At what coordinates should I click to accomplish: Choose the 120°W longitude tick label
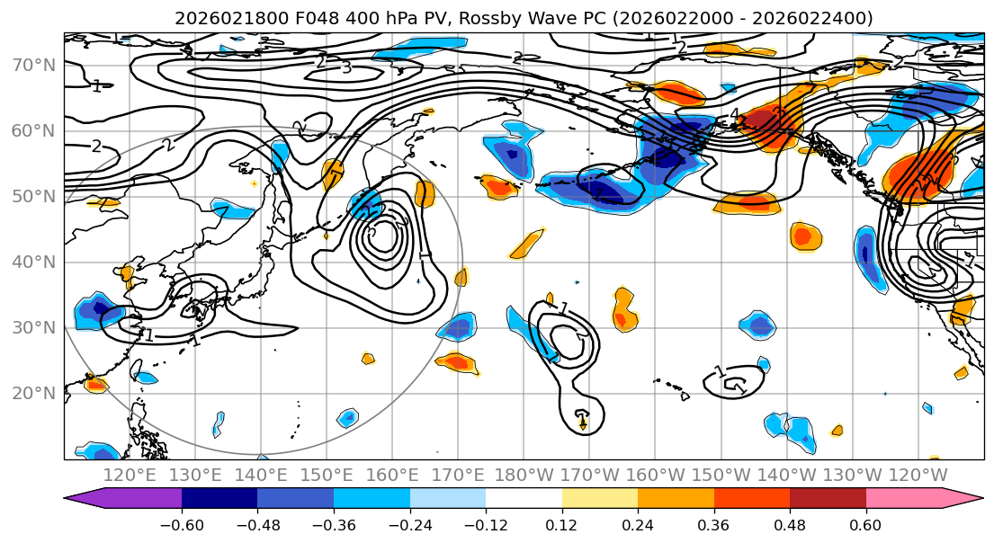tap(918, 475)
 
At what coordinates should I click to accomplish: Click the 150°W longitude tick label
tap(721, 475)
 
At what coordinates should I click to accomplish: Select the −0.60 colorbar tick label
tap(182, 523)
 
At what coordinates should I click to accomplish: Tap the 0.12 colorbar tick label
tap(562, 523)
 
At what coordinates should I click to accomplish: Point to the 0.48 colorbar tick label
tap(790, 523)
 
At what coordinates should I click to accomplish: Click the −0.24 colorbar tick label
tap(409, 523)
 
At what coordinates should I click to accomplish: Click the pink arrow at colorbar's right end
tap(970, 499)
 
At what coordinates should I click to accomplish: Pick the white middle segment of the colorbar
tap(524, 499)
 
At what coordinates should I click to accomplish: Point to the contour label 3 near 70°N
tap(346, 67)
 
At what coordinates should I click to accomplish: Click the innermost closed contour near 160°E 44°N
tap(384, 236)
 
